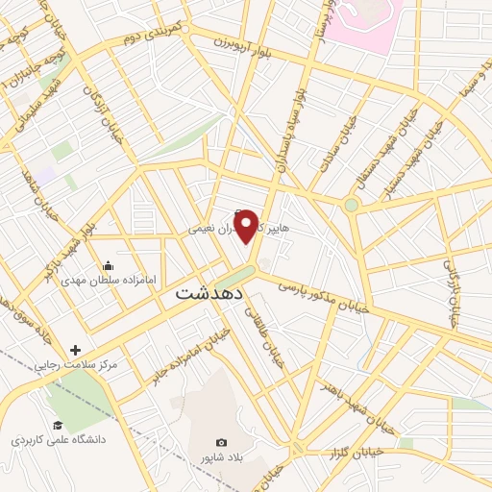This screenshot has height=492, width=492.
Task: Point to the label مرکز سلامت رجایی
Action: tap(76, 366)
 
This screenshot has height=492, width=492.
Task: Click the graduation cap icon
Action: tap(57, 425)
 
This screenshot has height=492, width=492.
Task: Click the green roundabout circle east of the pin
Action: tap(352, 205)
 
